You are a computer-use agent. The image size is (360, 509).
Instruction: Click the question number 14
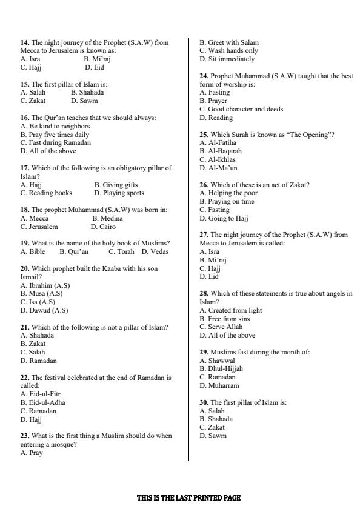tap(25, 42)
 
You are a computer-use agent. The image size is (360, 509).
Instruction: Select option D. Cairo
tap(103, 227)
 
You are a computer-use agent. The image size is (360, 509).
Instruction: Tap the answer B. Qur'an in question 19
tap(74, 251)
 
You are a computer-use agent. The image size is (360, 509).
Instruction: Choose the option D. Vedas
tap(155, 251)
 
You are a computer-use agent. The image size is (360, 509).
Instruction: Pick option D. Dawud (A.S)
tap(44, 310)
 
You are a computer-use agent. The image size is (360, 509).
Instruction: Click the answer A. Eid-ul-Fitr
tap(41, 394)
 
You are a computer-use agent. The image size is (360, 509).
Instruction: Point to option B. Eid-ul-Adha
tap(43, 402)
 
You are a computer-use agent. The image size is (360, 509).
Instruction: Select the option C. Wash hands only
tap(227, 51)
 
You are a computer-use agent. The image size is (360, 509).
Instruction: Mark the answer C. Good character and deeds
tap(241, 109)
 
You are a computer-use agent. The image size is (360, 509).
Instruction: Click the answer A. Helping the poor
tap(228, 193)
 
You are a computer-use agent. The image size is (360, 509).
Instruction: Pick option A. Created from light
tap(231, 310)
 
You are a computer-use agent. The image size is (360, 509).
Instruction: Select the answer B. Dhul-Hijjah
tap(221, 368)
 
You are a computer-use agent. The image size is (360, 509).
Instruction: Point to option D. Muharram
tap(219, 385)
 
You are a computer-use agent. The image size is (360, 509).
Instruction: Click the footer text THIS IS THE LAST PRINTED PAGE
tap(188, 498)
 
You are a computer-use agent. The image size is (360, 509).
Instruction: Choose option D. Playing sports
tap(119, 193)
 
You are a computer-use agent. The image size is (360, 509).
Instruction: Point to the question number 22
tap(25, 378)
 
